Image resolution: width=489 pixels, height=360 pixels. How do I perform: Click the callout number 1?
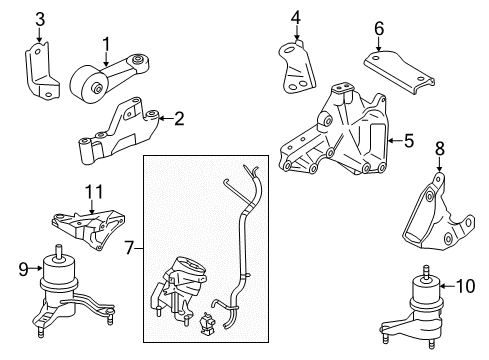tap(104, 43)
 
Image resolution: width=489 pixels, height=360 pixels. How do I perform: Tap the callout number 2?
tap(179, 120)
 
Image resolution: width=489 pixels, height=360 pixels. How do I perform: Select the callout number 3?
tap(39, 18)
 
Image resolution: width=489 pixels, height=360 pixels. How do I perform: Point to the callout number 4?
tap(296, 17)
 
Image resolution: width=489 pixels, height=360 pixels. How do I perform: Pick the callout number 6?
tap(378, 29)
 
